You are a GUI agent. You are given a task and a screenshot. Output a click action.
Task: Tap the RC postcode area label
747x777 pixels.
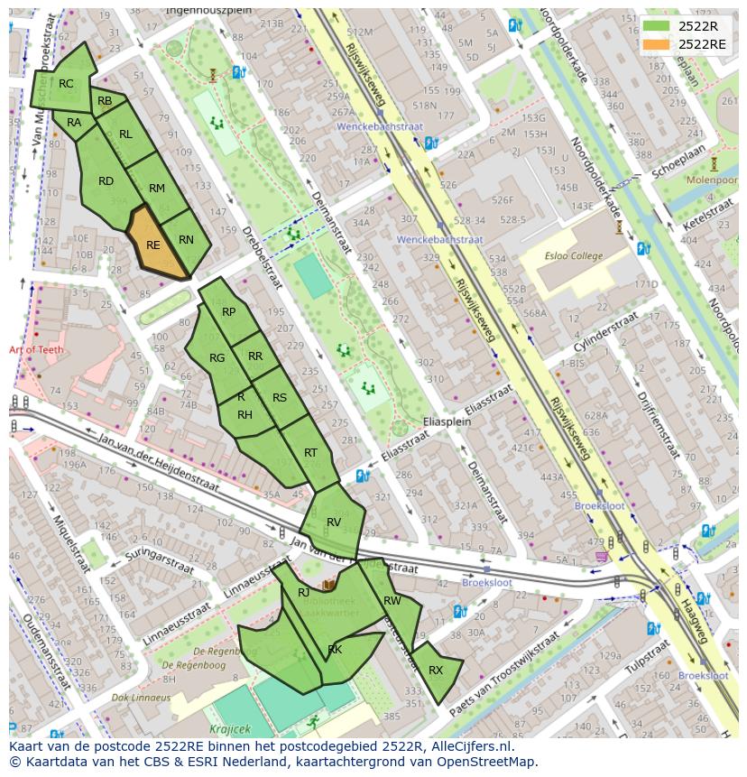pyautogui.click(x=66, y=84)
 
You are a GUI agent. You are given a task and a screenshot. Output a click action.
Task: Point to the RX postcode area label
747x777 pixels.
pyautogui.click(x=436, y=671)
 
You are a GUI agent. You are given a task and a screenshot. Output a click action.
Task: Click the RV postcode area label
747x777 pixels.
pyautogui.click(x=334, y=523)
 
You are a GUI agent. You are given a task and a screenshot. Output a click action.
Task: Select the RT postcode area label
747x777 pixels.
pyautogui.click(x=310, y=453)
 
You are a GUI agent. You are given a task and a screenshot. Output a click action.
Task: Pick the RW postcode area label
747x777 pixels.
pyautogui.click(x=392, y=601)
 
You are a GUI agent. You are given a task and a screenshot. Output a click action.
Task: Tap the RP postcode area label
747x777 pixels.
pyautogui.click(x=228, y=312)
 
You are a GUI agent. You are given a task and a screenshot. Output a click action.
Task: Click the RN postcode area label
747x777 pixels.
pyautogui.click(x=187, y=240)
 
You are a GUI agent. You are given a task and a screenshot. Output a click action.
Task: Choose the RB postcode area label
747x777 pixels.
pyautogui.click(x=105, y=102)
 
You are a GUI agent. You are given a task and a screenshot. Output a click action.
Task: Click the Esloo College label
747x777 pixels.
pyautogui.click(x=574, y=255)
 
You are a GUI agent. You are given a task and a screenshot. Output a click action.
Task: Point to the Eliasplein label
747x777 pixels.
pyautogui.click(x=447, y=422)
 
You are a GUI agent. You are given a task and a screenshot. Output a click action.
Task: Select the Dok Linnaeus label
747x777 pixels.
pyautogui.click(x=141, y=698)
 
